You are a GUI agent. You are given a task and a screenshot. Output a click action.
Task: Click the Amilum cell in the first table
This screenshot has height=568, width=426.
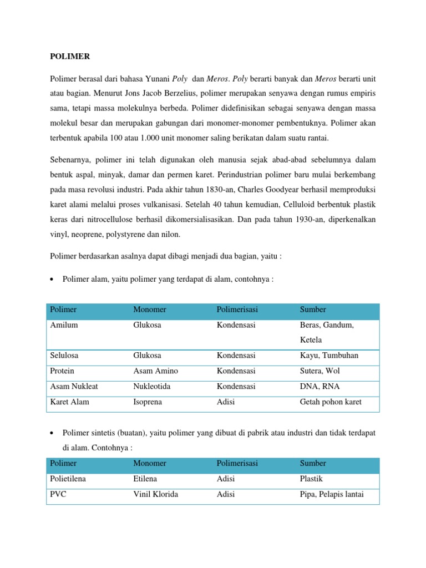pos(64,325)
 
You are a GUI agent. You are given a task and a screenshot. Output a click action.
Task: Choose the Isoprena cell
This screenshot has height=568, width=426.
pos(148,402)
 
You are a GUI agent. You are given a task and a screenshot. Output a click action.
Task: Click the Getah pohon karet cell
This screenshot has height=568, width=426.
pos(330,402)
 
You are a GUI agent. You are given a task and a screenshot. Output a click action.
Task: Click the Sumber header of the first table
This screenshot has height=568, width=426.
pos(313,310)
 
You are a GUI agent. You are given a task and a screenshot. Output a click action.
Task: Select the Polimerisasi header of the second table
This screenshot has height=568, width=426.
pos(237,463)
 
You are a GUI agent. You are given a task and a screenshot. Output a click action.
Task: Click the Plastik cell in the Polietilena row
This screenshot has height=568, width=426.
pos(311,479)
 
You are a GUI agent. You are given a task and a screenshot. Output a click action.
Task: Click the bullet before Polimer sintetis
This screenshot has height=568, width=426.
pos(52,432)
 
